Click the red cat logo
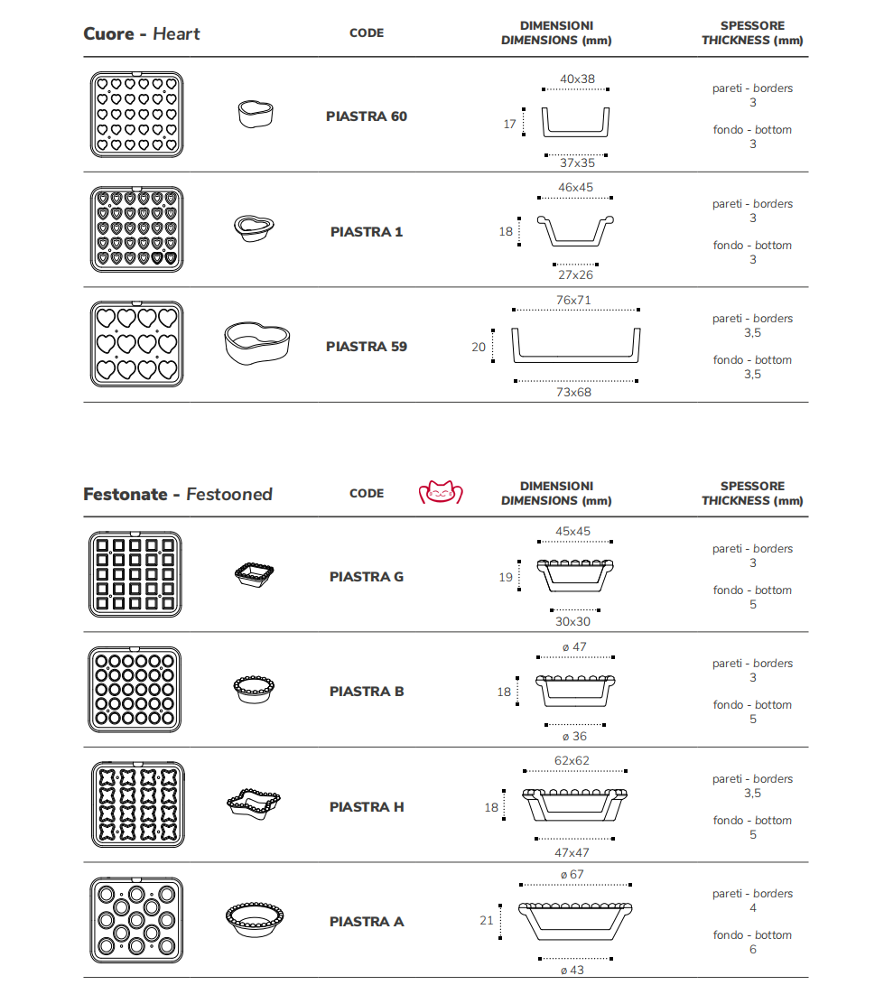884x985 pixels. click(440, 493)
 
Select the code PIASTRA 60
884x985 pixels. click(366, 116)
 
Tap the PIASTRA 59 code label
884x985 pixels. click(366, 347)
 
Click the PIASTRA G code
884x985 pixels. click(366, 577)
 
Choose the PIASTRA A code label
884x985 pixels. click(366, 922)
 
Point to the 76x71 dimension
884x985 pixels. click(573, 300)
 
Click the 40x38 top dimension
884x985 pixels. click(577, 79)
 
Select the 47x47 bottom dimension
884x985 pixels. click(572, 852)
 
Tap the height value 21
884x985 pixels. click(487, 921)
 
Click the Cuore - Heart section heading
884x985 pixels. click(142, 34)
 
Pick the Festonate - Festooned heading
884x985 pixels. click(178, 495)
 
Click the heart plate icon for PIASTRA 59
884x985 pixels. click(136, 345)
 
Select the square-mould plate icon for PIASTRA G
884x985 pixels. click(135, 574)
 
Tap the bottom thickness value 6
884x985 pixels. click(752, 950)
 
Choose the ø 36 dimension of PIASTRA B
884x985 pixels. click(573, 737)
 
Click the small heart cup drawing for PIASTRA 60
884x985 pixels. click(256, 115)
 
